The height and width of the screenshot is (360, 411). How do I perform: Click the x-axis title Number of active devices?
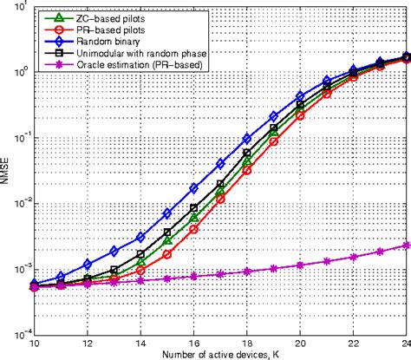222,353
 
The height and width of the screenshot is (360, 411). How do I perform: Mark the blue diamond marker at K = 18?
247,137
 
